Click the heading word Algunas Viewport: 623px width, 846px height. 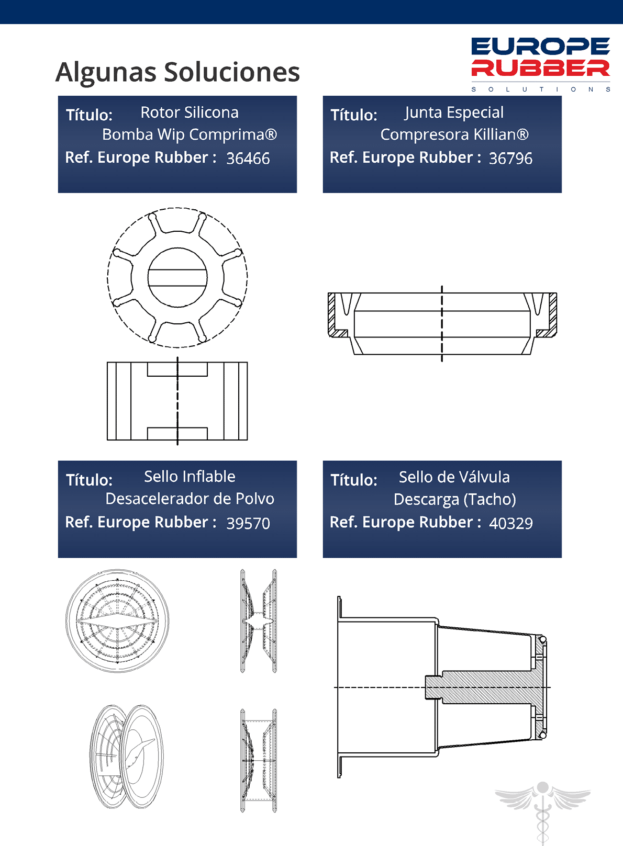(106, 73)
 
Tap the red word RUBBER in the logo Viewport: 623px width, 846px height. (541, 68)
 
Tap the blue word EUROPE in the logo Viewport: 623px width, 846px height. (541, 46)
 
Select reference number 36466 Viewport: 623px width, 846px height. (248, 159)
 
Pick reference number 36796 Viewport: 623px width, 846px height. (511, 159)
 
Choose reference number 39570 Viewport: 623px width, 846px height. (248, 524)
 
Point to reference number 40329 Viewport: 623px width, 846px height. (511, 524)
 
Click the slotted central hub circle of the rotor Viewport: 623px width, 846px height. (177, 278)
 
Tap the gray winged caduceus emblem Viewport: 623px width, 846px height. (542, 812)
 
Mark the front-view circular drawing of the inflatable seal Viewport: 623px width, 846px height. (117, 621)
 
